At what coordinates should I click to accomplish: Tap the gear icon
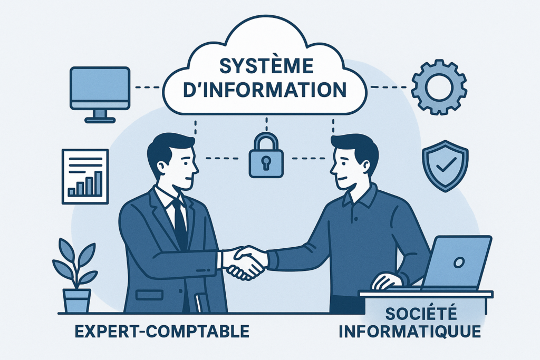coord(439,87)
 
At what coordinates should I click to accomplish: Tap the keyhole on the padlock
coord(267,161)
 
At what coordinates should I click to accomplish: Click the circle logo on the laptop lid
coord(459,262)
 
